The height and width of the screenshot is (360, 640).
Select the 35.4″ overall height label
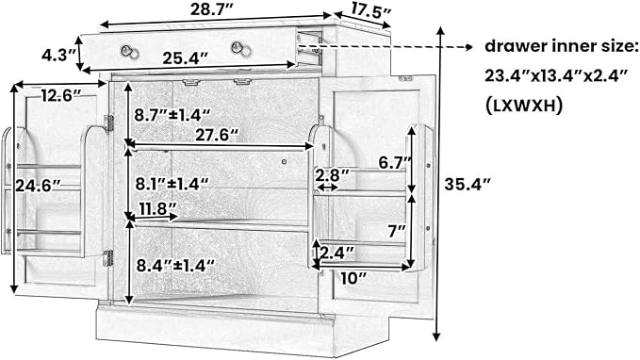pos(467,185)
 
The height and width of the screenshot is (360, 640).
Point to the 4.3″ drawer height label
pos(59,55)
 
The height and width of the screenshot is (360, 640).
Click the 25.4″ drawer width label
pos(186,58)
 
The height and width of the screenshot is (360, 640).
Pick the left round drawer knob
pos(129,52)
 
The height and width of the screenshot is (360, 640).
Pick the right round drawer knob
pos(240,49)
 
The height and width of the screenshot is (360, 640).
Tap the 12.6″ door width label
pos(62,96)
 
